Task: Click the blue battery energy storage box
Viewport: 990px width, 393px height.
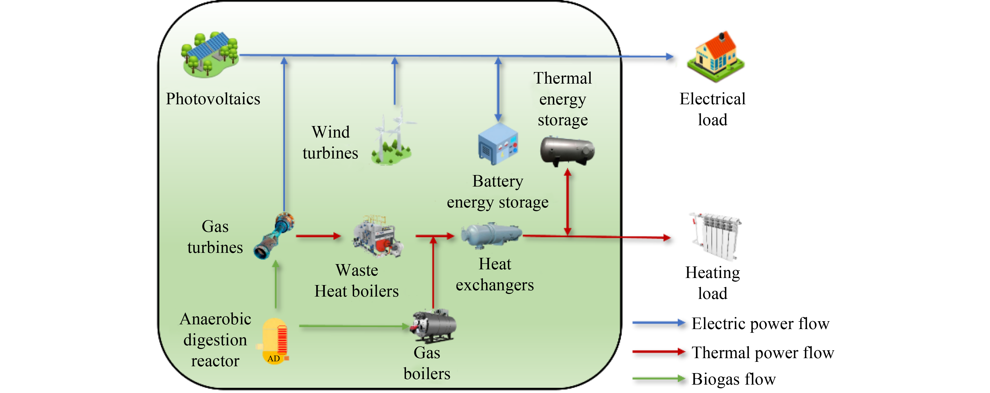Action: click(x=498, y=144)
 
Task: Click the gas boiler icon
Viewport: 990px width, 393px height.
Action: click(x=434, y=326)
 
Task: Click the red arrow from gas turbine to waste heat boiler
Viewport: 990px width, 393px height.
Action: click(x=318, y=236)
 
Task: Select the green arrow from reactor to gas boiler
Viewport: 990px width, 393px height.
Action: click(x=354, y=326)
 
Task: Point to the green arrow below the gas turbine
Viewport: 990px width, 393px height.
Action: click(x=276, y=285)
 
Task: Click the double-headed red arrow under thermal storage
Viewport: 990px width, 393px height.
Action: click(x=568, y=202)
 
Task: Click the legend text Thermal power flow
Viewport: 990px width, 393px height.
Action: click(x=762, y=352)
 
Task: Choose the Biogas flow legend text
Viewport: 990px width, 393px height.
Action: click(x=733, y=379)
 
